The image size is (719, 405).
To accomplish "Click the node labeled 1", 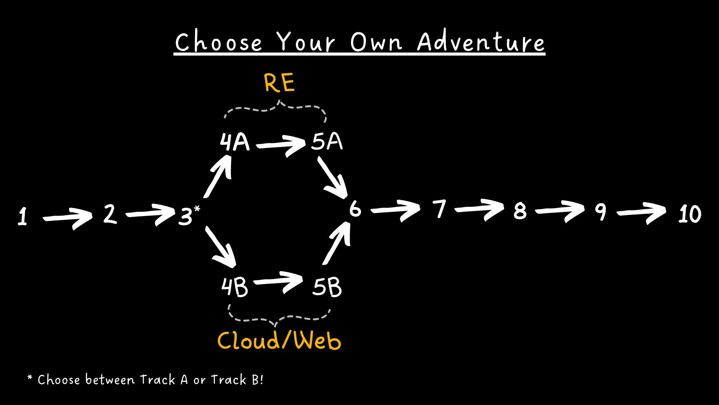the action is click(23, 216).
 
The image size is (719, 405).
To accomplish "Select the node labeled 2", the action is click(110, 214).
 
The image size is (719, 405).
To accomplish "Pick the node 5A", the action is click(327, 141).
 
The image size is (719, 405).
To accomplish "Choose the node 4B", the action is click(235, 287).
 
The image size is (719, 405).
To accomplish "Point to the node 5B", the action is click(327, 287).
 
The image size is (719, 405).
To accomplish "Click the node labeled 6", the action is click(355, 208).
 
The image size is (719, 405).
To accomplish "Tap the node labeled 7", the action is click(440, 209).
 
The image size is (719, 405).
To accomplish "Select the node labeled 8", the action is click(520, 211).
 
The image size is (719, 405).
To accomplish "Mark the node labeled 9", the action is click(601, 212).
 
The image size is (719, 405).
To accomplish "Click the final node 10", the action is click(690, 214).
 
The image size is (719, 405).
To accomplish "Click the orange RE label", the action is click(279, 82).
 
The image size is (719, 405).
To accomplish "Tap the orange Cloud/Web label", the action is click(279, 340).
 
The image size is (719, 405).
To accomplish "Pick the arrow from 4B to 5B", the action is click(279, 282).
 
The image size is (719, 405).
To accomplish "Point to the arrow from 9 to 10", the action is click(641, 213).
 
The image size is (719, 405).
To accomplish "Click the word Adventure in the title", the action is click(481, 41).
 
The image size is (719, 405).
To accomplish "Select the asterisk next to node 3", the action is click(197, 209).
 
